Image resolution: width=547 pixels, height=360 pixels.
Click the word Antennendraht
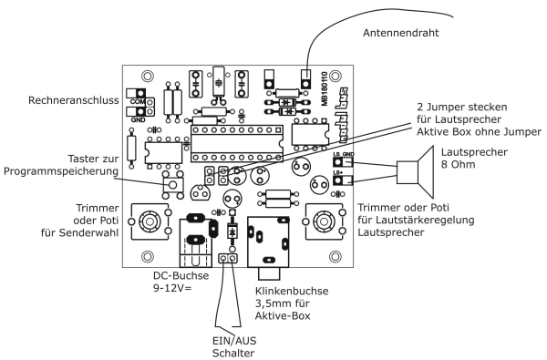click(x=400, y=33)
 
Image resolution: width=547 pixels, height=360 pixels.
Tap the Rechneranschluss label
click(x=73, y=100)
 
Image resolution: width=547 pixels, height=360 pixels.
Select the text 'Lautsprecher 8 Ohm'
click(x=474, y=158)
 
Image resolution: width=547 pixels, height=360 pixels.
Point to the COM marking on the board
click(x=137, y=102)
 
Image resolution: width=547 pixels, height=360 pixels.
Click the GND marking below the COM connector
click(x=139, y=120)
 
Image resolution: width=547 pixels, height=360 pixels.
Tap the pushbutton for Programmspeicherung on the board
click(x=172, y=184)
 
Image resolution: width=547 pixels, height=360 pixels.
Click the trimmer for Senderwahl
click(x=150, y=221)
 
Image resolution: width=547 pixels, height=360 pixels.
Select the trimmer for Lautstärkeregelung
click(x=325, y=221)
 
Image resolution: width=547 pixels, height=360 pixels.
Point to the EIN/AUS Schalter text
click(x=233, y=346)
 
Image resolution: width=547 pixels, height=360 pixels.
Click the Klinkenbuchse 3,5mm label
click(x=292, y=303)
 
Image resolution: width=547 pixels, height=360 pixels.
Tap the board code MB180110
click(x=325, y=88)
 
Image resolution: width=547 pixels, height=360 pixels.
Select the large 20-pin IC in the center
click(x=236, y=144)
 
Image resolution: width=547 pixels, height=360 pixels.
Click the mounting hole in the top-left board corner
click(x=147, y=77)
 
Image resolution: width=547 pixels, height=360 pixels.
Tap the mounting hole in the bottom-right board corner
click(x=335, y=257)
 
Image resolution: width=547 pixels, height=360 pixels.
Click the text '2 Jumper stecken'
click(x=462, y=107)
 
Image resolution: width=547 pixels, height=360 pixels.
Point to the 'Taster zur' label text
click(x=93, y=159)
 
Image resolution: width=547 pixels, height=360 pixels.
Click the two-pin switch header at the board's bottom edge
click(x=228, y=258)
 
